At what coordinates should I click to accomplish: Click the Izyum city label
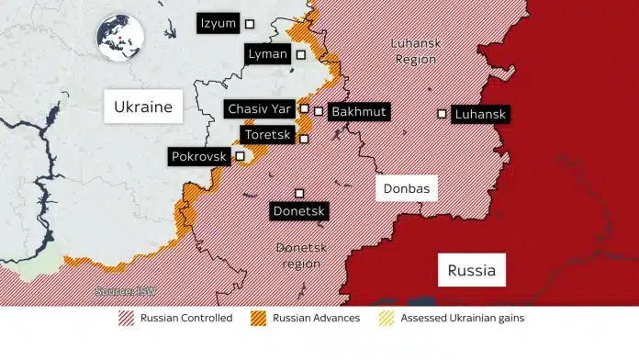tap(218, 23)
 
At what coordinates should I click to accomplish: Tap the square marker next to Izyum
tap(249, 23)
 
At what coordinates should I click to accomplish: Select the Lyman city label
tap(267, 54)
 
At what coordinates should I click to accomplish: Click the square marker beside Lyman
tap(300, 55)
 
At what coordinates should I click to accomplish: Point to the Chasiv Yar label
tap(260, 109)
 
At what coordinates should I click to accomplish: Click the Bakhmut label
tap(358, 112)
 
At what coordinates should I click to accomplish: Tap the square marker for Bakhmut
tap(319, 111)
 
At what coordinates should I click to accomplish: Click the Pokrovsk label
tap(197, 157)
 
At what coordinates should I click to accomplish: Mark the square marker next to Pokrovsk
tap(240, 156)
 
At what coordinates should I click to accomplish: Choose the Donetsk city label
tap(299, 211)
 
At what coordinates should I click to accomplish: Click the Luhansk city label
tap(480, 115)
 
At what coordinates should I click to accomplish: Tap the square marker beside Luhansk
tap(442, 114)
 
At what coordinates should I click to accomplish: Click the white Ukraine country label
tap(142, 107)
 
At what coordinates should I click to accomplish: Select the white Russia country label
tap(472, 270)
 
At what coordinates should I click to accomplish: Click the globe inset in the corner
tap(122, 39)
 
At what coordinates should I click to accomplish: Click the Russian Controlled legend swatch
tap(127, 319)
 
